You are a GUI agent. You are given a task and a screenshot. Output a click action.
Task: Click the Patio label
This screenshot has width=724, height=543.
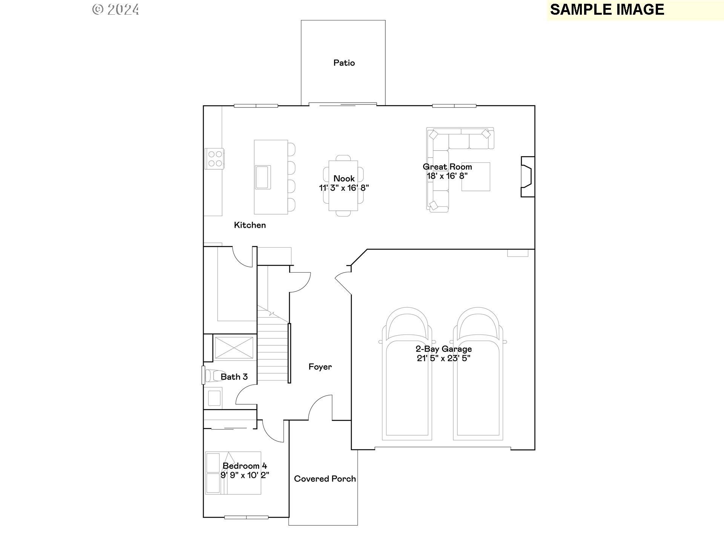[344, 63]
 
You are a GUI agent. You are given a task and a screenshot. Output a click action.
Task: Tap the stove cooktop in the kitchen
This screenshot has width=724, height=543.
[215, 158]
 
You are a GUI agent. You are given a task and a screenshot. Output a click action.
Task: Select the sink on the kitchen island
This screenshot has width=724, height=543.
[263, 177]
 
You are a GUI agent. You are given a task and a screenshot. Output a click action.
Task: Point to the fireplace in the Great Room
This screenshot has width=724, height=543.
[528, 177]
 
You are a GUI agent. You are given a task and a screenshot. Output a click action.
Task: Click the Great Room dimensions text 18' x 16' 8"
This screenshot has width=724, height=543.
[447, 176]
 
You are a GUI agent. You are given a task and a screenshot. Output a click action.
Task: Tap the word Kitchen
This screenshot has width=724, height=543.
[250, 225]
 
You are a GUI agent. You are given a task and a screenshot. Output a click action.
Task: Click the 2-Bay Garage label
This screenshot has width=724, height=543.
[443, 349]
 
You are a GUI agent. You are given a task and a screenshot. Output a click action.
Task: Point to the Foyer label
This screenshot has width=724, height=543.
[320, 367]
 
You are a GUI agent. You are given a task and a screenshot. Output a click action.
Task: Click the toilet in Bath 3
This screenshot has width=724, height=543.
[212, 376]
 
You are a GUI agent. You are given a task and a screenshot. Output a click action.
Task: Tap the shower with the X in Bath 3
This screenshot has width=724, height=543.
[234, 348]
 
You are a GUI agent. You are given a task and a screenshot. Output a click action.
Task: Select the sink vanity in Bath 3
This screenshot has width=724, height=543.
[214, 398]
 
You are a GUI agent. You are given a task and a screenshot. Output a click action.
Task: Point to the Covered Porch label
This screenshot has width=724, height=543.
[325, 479]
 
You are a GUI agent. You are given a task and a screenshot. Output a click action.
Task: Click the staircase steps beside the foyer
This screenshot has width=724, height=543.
[273, 354]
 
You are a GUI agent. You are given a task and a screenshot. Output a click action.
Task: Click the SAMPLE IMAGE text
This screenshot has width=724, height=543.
[607, 10]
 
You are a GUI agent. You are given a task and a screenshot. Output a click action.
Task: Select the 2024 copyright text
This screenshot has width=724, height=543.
[116, 10]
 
